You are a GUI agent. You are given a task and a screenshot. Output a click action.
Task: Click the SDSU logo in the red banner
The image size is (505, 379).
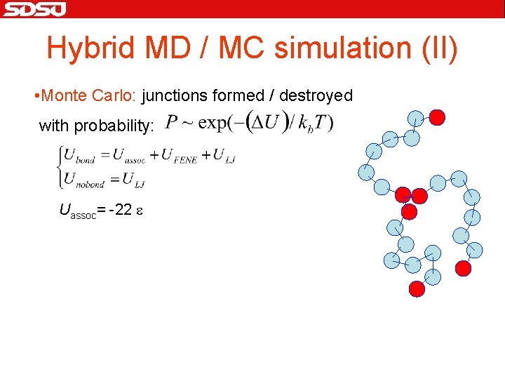tap(34, 9)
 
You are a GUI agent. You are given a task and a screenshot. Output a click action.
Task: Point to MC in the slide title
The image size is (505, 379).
tap(241, 48)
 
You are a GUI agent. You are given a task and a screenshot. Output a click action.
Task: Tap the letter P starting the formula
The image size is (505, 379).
tap(170, 124)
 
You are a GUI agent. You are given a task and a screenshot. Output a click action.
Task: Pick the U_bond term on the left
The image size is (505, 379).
tap(79, 156)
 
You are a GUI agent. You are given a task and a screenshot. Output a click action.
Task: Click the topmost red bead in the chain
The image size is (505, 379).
tap(437, 117)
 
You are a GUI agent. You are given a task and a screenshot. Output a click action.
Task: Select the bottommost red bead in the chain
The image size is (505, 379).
tap(417, 288)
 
